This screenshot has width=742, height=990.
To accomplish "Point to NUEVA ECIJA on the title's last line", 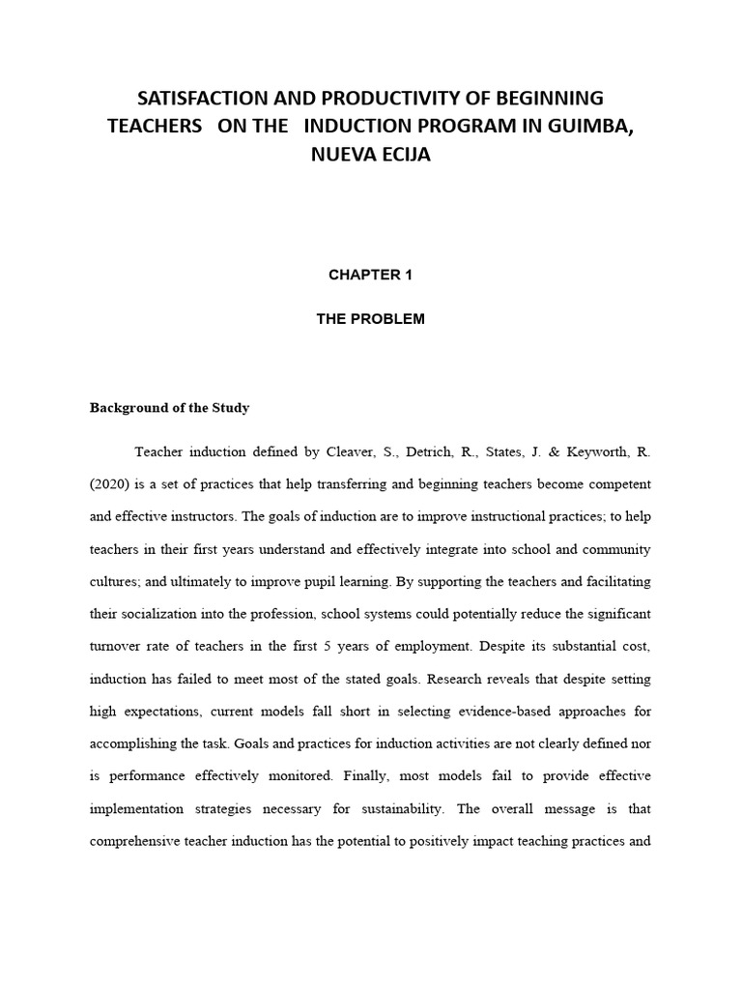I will click(x=370, y=154).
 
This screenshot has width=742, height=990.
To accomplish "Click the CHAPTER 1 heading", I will click(x=370, y=275).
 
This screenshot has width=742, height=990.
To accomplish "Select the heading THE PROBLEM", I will click(x=370, y=319).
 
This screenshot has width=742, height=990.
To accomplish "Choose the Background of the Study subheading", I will click(x=169, y=408).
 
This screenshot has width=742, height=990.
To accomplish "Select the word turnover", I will click(x=117, y=646).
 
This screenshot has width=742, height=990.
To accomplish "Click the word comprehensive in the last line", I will click(x=137, y=841).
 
